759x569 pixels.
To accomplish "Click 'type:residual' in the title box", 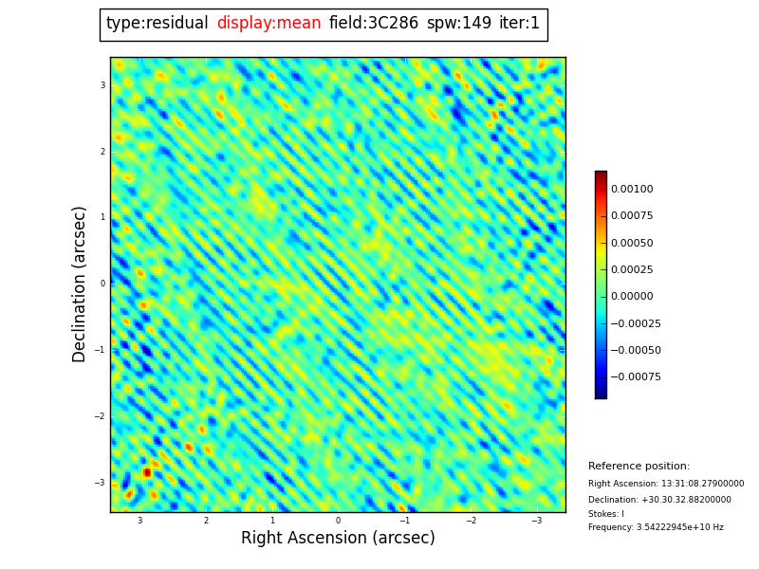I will (x=157, y=24).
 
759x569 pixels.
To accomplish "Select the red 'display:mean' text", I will (x=268, y=24).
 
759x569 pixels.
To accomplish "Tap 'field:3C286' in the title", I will (x=374, y=24).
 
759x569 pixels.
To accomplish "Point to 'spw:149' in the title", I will (x=459, y=24).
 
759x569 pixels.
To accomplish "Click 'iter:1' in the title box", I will (x=519, y=24).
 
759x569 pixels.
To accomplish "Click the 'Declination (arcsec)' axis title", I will (x=80, y=284).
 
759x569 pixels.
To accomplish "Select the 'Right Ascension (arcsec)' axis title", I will (x=338, y=539).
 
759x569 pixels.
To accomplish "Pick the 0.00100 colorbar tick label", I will (x=632, y=190).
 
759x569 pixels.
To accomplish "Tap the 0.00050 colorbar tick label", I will (x=632, y=243).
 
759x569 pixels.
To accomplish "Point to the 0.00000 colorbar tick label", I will (x=632, y=297).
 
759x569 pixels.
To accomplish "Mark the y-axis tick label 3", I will (x=102, y=85).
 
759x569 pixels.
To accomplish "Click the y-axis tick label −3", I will (x=101, y=483).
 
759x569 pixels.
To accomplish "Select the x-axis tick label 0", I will (x=338, y=521).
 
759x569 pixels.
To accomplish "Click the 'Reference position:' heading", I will (x=639, y=467).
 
